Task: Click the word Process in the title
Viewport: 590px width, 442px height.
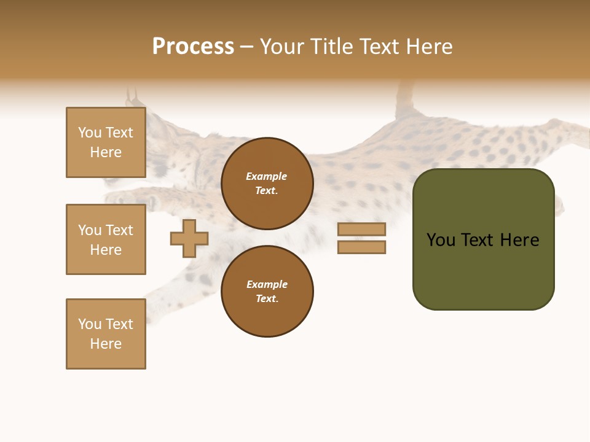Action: pyautogui.click(x=193, y=47)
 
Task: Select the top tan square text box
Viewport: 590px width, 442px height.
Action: pyautogui.click(x=106, y=142)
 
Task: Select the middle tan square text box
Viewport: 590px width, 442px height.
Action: pyautogui.click(x=106, y=239)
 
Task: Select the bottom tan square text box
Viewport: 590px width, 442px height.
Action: pyautogui.click(x=106, y=334)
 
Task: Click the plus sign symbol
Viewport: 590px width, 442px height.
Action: pyautogui.click(x=189, y=238)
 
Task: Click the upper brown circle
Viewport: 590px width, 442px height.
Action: pyautogui.click(x=267, y=184)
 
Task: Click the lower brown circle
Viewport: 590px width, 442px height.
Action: pyautogui.click(x=267, y=292)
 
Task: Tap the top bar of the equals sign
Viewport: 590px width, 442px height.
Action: pyautogui.click(x=361, y=229)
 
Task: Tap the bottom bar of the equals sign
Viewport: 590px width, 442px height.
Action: pyautogui.click(x=361, y=247)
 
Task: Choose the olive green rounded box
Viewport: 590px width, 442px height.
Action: pyautogui.click(x=483, y=270)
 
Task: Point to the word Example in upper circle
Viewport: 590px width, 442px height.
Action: pyautogui.click(x=267, y=176)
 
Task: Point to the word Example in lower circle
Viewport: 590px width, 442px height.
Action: pyautogui.click(x=267, y=284)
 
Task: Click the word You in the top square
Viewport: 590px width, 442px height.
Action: pyautogui.click(x=90, y=133)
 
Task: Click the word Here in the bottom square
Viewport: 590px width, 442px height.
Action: pyautogui.click(x=106, y=344)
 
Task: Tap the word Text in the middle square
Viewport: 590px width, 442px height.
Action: pyautogui.click(x=119, y=230)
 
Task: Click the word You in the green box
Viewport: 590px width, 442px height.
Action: pyautogui.click(x=441, y=240)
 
